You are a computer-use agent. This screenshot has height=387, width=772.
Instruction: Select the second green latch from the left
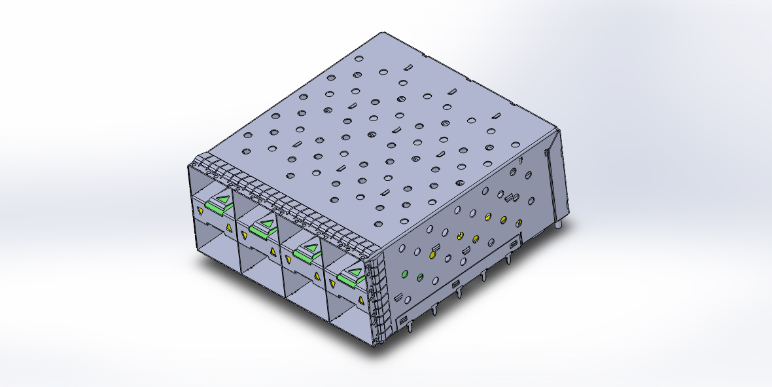[262, 227]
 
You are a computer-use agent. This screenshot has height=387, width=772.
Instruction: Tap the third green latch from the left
[306, 251]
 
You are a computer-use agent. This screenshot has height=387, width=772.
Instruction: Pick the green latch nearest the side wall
[351, 277]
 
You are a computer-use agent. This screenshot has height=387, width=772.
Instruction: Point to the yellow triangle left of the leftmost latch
[199, 211]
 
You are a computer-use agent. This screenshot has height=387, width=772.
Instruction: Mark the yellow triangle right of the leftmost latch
[228, 228]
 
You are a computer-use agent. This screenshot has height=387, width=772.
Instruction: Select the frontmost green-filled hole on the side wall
[404, 273]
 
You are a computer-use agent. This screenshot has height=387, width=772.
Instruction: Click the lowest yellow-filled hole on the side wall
[432, 252]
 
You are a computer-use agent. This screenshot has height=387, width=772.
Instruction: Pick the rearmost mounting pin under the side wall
[509, 260]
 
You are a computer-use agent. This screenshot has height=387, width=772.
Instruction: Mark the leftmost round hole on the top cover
[247, 136]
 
